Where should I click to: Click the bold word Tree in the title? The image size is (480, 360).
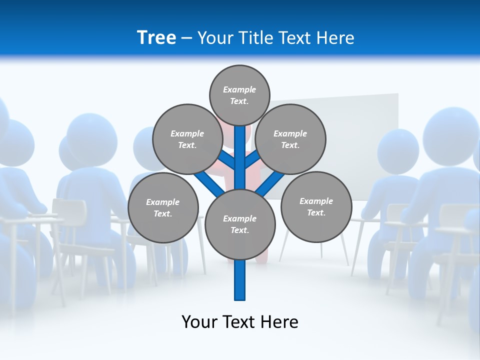[156, 37]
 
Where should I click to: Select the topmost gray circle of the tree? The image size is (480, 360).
[239, 95]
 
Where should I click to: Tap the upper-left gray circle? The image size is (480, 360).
[187, 139]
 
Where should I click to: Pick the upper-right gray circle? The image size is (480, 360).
[290, 139]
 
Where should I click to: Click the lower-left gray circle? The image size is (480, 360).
[163, 207]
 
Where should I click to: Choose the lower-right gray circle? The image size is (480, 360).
[316, 206]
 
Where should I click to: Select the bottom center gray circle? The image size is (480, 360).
[240, 224]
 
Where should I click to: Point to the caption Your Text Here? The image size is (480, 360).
[240, 321]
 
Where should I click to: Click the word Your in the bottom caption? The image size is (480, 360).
[199, 321]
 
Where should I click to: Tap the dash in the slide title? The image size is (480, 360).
[187, 38]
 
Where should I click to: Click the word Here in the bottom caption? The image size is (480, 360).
[279, 321]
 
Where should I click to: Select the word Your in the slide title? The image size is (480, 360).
[215, 37]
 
